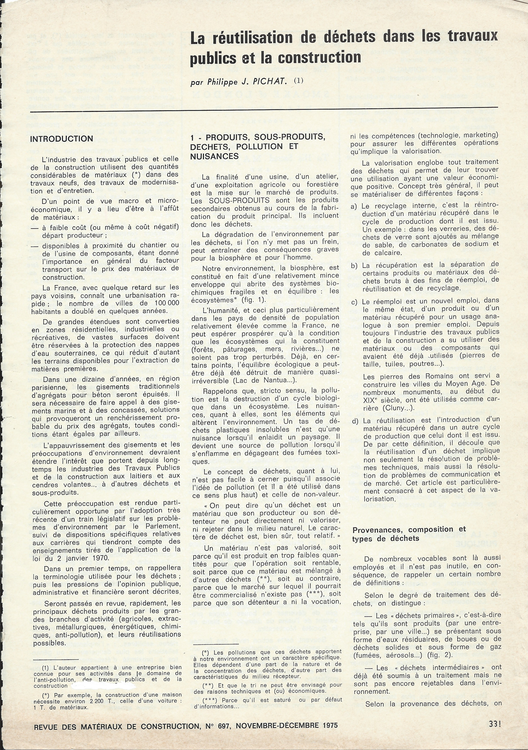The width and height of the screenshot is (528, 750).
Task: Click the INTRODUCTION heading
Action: pyautogui.click(x=61, y=139)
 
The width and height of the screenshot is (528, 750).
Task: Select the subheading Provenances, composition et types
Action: pyautogui.click(x=409, y=534)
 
